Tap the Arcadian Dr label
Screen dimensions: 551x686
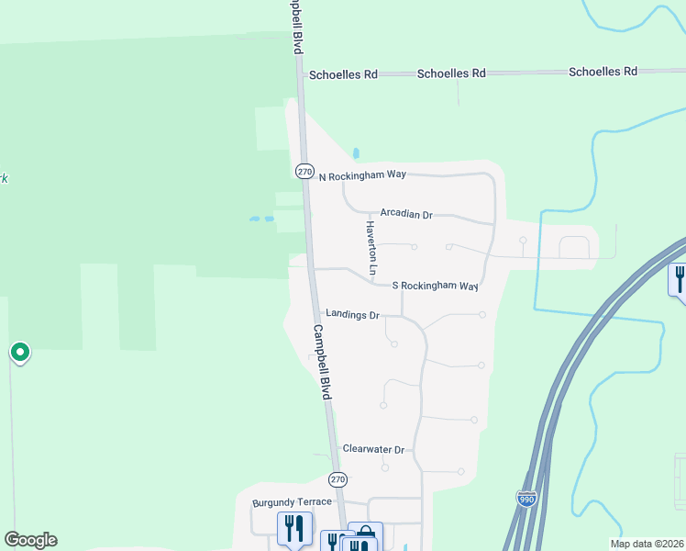coord(406,214)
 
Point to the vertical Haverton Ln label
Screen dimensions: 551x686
coord(371,248)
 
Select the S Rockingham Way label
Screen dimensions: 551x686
coord(436,287)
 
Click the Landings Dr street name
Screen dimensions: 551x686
coord(352,315)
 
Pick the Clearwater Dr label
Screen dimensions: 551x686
coord(373,449)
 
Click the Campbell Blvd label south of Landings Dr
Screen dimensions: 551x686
coord(321,362)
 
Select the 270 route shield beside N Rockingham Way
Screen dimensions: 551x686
coord(305,172)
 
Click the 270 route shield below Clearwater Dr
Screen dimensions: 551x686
coord(337,479)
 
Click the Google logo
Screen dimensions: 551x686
coord(30,540)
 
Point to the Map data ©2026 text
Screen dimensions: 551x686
coord(647,544)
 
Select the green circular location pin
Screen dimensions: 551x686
coord(19,352)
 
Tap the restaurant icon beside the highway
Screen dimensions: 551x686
coord(679,277)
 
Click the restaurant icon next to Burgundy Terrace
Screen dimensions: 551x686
coord(293,528)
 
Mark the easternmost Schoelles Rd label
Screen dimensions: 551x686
coord(603,72)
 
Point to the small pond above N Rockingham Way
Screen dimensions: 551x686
coord(356,153)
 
